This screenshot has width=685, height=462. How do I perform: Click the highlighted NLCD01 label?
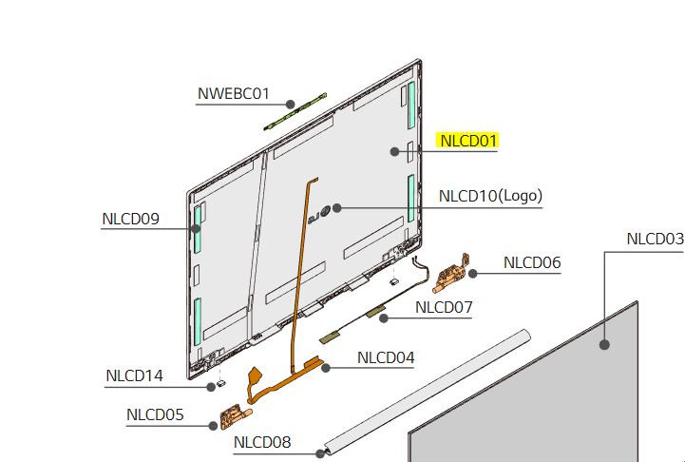coord(468,141)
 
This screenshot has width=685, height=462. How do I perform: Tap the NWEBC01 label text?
coord(234,93)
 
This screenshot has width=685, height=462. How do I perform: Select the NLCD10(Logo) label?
coord(490,196)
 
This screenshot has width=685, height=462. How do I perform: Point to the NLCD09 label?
coord(130,219)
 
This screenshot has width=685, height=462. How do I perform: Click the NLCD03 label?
coord(656,239)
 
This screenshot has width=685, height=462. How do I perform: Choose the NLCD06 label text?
coord(532,262)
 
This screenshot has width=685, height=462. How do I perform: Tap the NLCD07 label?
coord(444,307)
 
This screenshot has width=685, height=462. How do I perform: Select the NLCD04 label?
coord(386,357)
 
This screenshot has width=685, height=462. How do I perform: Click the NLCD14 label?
coord(134,375)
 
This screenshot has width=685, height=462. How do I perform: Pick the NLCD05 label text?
coord(155,414)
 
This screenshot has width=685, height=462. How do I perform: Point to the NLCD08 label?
coord(262,442)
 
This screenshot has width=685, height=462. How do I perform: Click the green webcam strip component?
coord(295,112)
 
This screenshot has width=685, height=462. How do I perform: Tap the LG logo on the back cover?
coord(319,214)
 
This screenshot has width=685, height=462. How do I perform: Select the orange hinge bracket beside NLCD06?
coord(451,273)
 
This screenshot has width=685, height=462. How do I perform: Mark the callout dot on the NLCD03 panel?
coord(604,345)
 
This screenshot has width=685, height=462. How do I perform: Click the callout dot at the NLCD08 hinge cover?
coord(320,453)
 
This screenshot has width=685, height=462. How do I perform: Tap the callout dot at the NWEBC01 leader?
coord(291,104)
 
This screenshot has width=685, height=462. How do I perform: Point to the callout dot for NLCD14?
coord(211,387)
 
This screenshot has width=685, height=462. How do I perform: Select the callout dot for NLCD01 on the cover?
coord(394,151)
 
